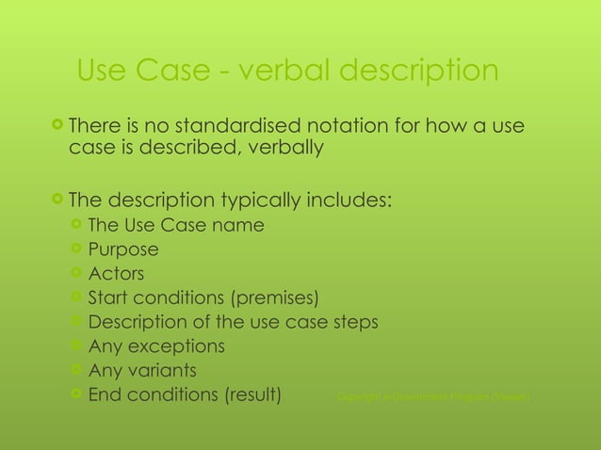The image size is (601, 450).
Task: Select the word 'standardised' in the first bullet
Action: coord(224,125)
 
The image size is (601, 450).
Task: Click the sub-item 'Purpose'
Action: coord(122,249)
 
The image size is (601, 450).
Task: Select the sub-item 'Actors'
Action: coord(116,274)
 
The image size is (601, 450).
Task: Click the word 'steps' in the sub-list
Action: coord(353,323)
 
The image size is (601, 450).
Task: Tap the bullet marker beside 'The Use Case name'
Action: coord(76,225)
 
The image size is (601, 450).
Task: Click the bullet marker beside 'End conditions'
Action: coord(76,394)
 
